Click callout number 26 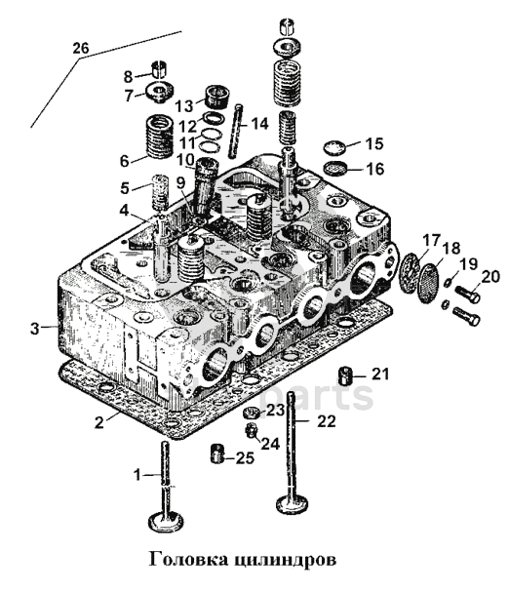[81, 48]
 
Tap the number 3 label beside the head [35, 329]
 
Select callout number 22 [327, 421]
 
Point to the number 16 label [375, 169]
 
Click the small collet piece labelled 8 [159, 69]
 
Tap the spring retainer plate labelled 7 [159, 92]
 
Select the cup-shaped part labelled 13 [217, 97]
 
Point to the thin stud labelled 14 [235, 131]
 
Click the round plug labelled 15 [335, 147]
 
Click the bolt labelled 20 [468, 294]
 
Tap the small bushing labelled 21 [345, 375]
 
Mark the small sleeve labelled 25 [217, 454]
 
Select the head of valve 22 [293, 504]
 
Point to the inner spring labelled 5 [160, 192]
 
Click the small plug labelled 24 [251, 430]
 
